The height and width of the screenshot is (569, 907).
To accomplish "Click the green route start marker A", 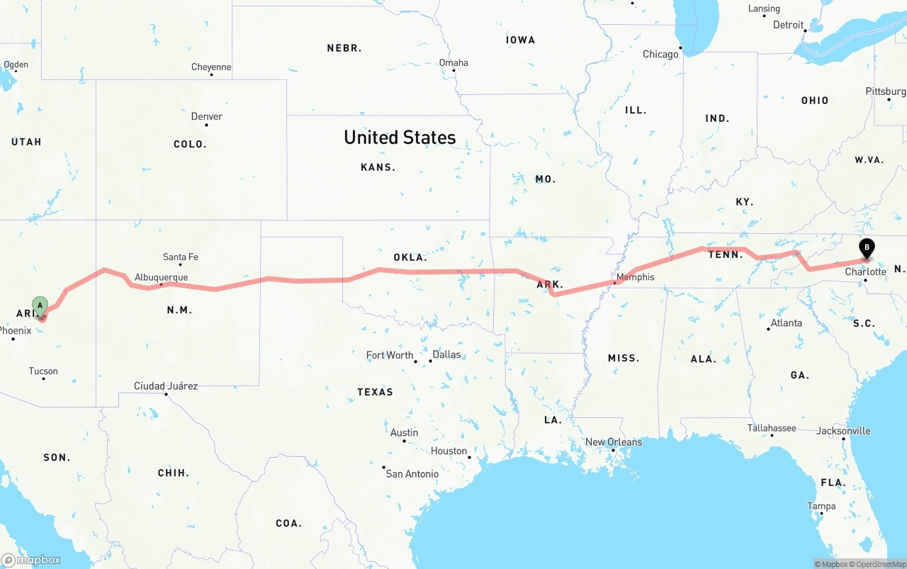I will [x=40, y=307].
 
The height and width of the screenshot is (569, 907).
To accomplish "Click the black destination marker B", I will [x=866, y=249].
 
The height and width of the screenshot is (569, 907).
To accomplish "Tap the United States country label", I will [x=400, y=137].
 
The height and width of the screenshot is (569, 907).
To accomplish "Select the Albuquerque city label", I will [x=161, y=277].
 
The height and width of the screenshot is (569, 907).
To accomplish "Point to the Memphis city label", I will [x=636, y=277].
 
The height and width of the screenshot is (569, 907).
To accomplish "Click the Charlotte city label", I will [x=865, y=271].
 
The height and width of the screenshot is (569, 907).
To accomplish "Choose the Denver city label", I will [x=206, y=116].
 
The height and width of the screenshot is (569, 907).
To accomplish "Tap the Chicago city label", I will [x=660, y=55].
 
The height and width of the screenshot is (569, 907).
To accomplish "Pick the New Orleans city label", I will [x=613, y=442].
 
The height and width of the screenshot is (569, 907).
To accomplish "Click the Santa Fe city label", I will [x=180, y=257].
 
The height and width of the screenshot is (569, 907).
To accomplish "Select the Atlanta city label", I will [x=786, y=322].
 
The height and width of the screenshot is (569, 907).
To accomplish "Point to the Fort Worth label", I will [x=389, y=355].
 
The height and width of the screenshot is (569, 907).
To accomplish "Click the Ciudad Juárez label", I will [x=166, y=386].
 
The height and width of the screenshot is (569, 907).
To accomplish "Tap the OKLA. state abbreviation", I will [x=410, y=257].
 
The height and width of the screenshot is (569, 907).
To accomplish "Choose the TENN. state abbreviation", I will [x=726, y=254].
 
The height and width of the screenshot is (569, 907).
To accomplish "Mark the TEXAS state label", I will [x=375, y=392].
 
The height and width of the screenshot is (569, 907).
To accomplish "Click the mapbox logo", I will [x=31, y=560].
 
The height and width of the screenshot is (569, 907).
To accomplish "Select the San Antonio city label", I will [x=412, y=473].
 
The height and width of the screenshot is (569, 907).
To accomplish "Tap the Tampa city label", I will [x=821, y=506].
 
